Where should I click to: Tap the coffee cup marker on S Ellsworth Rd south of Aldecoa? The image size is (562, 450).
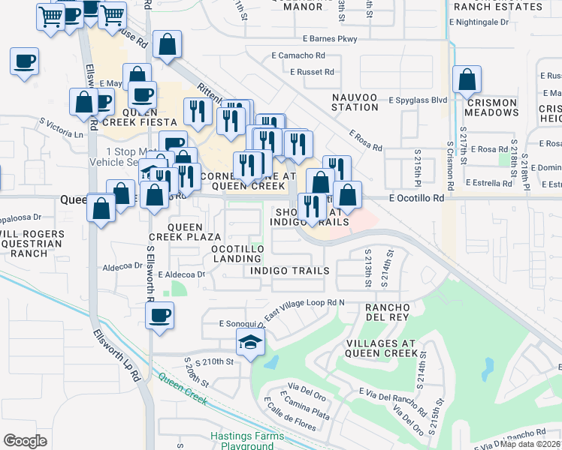[159, 316]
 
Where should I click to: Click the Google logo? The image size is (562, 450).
[25, 440]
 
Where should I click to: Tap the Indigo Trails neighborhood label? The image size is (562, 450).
[289, 270]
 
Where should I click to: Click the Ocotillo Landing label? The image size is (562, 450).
[237, 253]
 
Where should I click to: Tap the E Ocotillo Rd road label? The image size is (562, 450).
[417, 198]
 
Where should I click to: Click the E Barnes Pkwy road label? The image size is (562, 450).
[331, 38]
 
